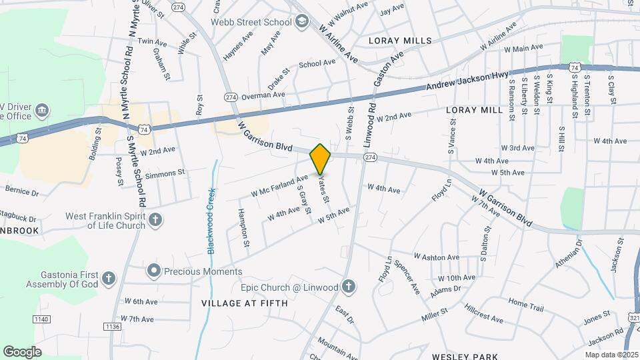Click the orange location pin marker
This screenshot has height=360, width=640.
(320, 159)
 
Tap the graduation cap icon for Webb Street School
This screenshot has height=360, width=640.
(302, 22)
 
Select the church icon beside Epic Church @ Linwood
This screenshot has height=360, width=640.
(347, 287)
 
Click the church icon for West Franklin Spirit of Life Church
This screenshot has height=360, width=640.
(155, 219)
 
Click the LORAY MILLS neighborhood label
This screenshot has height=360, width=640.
(400, 41)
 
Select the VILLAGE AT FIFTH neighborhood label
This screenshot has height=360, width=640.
(245, 303)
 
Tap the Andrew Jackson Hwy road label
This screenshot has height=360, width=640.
(467, 82)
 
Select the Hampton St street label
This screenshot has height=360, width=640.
(244, 228)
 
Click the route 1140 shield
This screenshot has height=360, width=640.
(41, 319)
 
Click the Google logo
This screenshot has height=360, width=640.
(22, 351)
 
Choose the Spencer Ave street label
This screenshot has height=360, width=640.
(407, 277)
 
